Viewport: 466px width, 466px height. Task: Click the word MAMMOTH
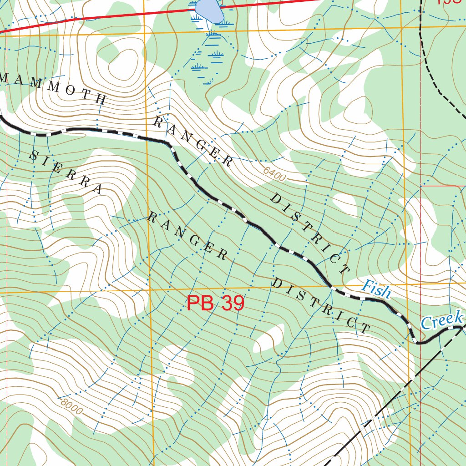52,88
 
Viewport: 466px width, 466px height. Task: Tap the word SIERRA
66,172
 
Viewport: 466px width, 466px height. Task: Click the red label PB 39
215,304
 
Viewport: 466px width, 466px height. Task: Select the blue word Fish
376,289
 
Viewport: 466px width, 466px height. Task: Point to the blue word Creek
441,320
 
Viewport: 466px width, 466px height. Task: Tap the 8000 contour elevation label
71,406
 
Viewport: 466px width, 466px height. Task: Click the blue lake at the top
209,10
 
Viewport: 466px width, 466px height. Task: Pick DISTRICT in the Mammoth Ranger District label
310,235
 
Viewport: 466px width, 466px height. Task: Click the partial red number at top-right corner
451,2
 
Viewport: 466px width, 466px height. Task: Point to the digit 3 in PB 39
228,304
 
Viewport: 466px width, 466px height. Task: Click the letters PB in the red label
200,304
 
